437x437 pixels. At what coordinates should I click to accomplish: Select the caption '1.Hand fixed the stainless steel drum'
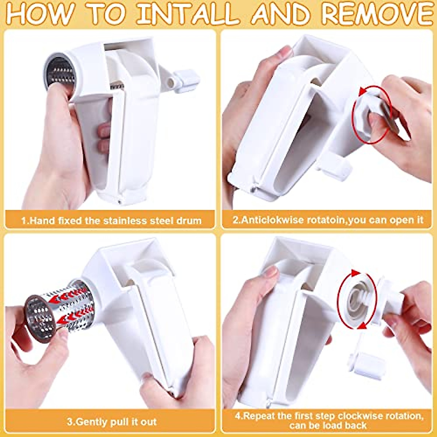click(x=111, y=220)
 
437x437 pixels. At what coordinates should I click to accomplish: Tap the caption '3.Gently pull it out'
click(x=111, y=422)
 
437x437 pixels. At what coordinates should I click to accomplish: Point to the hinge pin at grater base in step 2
click(x=252, y=188)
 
